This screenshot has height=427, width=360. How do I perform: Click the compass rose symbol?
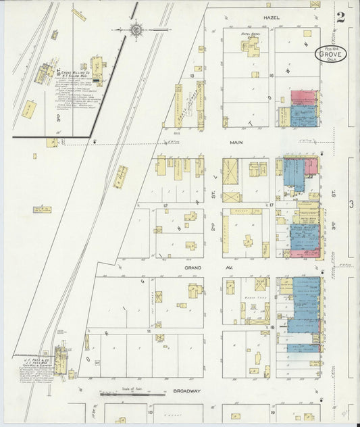point(137,30)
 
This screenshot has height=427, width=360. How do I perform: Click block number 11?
point(147,332)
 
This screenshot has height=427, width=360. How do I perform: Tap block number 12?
point(165,204)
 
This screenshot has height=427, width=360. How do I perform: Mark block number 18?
point(272,326)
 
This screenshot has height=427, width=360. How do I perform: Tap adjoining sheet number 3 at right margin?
point(351,203)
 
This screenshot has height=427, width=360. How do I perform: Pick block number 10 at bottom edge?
point(144,410)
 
